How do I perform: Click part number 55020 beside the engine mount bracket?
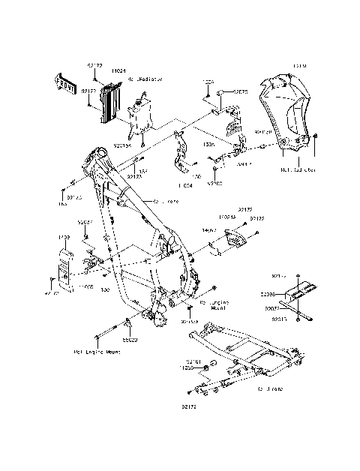pos(130,340)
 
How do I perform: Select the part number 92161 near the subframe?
pos(193,361)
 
